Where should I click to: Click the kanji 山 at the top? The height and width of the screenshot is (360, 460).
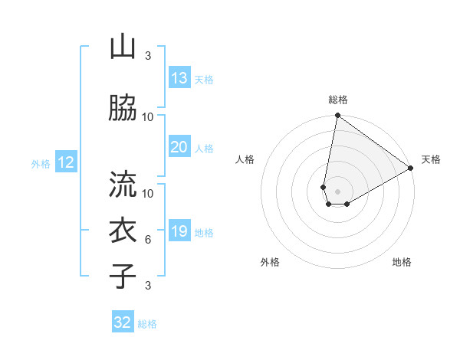coord(122,47)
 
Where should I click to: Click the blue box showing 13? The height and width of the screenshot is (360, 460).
coord(179,78)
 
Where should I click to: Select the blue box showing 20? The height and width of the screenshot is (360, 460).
coord(179,147)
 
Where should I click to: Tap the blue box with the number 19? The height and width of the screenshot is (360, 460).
coord(179,231)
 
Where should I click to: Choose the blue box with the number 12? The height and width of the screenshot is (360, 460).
coord(66,162)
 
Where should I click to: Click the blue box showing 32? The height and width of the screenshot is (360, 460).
coord(123,322)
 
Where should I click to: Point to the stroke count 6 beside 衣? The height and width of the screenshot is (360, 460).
coord(148,240)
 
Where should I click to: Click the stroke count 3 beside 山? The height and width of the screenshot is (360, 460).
coord(148,56)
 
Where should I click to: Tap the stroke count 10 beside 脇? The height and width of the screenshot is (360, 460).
coord(148,117)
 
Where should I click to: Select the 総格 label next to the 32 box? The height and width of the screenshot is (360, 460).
coord(147,324)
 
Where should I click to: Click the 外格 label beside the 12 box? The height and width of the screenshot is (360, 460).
coord(41,163)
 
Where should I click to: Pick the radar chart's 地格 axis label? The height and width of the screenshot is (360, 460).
coord(402,262)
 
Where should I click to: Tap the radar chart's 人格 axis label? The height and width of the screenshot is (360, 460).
coord(245,159)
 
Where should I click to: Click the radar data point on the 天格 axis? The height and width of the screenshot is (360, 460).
coord(411,169)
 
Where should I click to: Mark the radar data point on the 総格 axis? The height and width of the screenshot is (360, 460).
coord(337,116)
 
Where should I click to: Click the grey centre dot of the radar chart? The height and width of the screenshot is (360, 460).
coord(337,190)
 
